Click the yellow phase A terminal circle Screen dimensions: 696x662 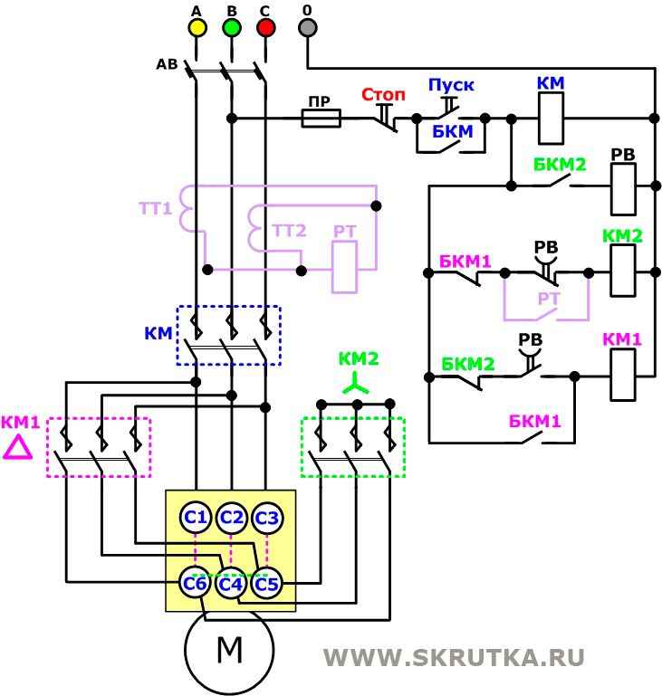pyautogui.click(x=197, y=27)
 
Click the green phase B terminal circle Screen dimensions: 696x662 pyautogui.click(x=232, y=27)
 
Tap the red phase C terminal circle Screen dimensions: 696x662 pyautogui.click(x=265, y=27)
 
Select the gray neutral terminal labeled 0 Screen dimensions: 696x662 pyautogui.click(x=308, y=27)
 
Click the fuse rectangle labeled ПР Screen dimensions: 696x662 pyautogui.click(x=320, y=118)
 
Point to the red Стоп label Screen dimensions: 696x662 pyautogui.click(x=384, y=94)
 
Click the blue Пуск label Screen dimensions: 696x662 pyautogui.click(x=451, y=86)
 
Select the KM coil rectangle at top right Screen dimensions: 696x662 pyautogui.click(x=552, y=119)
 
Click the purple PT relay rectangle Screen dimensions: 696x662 pyautogui.click(x=345, y=267)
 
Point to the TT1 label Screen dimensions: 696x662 pyautogui.click(x=155, y=208)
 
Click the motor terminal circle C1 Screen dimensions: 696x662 pyautogui.click(x=196, y=518)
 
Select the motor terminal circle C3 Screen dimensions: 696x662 pyautogui.click(x=266, y=518)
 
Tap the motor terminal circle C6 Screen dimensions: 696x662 pyautogui.click(x=196, y=584)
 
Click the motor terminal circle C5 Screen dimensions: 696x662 pyautogui.click(x=266, y=584)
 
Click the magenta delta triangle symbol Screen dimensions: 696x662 pyautogui.click(x=17, y=447)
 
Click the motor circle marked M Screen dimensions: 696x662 pyautogui.click(x=229, y=650)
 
